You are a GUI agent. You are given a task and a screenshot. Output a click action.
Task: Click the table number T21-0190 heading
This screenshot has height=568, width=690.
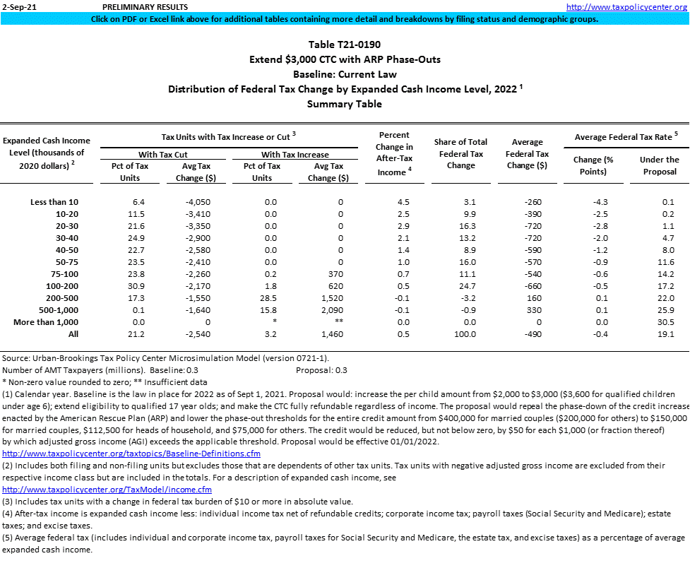coord(345,45)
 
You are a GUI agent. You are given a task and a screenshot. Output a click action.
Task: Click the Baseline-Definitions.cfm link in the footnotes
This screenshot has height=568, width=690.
coord(131,453)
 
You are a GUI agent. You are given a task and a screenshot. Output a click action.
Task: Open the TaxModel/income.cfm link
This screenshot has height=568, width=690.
coord(107,489)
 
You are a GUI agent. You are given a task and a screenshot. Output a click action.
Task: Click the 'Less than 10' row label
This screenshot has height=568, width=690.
coord(54,202)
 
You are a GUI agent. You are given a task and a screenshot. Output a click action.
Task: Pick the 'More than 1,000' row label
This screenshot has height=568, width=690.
coord(46,322)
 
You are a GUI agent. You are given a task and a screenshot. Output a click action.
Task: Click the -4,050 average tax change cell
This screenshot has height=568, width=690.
coord(191,202)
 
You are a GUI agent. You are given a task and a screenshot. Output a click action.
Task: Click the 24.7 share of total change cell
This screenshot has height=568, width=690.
coord(461,286)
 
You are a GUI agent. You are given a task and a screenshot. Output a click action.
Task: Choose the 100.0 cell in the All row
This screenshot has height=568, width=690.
coord(461,334)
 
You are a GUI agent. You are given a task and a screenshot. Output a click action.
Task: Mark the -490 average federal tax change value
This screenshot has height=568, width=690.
coord(528,334)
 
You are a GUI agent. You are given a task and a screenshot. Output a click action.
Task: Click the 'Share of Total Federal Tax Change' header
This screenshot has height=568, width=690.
coord(461,153)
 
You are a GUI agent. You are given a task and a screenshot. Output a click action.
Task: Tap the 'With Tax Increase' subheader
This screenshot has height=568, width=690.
coord(295,154)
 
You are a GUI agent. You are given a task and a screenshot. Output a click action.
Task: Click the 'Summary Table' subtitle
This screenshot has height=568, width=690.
coord(345,104)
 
